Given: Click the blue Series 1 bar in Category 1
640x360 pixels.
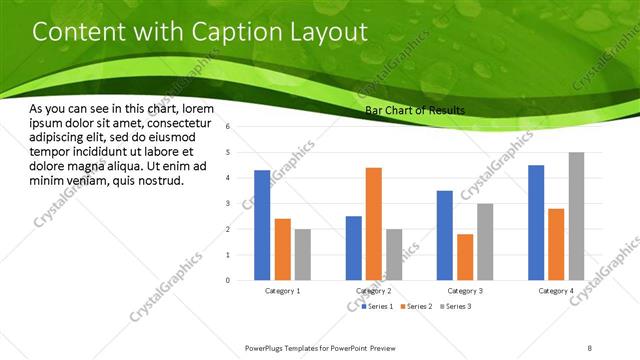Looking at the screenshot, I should pyautogui.click(x=262, y=225).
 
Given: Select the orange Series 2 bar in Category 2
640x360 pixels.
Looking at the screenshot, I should pyautogui.click(x=374, y=224).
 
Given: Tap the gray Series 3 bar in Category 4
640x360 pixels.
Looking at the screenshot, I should pyautogui.click(x=576, y=216).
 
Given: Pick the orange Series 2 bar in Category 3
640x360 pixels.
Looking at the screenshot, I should pyautogui.click(x=464, y=257).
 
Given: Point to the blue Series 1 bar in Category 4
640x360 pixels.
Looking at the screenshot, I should pyautogui.click(x=535, y=222).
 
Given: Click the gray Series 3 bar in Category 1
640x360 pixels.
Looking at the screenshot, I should pyautogui.click(x=302, y=254).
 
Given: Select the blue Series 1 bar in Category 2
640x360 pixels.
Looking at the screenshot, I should pyautogui.click(x=353, y=248).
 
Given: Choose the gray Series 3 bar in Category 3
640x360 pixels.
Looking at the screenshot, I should pyautogui.click(x=485, y=241).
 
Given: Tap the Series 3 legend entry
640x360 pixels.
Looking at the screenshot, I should pyautogui.click(x=457, y=305).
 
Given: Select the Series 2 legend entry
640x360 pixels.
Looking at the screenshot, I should pyautogui.click(x=418, y=305).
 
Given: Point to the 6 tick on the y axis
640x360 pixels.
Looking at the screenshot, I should pyautogui.click(x=229, y=127).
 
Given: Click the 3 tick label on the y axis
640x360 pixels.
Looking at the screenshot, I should pyautogui.click(x=229, y=204).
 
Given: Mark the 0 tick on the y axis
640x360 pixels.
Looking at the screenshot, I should pyautogui.click(x=229, y=281).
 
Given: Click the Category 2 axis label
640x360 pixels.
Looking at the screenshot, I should pyautogui.click(x=373, y=291).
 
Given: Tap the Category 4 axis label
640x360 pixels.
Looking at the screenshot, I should pyautogui.click(x=555, y=291).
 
